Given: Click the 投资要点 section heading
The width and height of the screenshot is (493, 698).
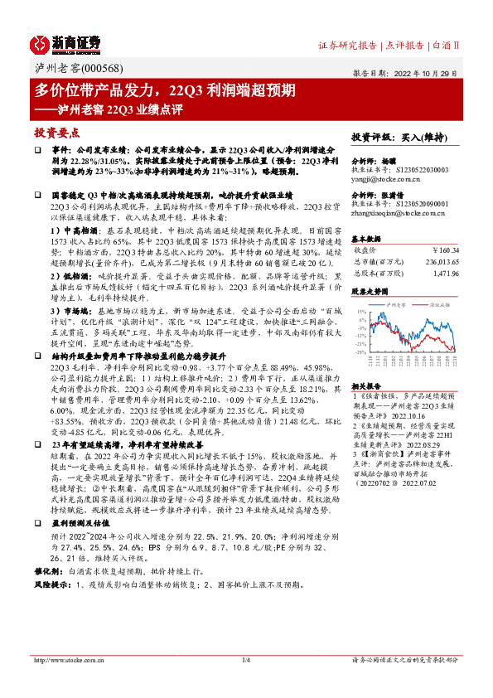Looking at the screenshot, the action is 56,133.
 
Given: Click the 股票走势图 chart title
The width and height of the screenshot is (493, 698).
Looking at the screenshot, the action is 369,292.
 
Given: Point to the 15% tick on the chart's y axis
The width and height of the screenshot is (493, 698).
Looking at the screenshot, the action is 361,311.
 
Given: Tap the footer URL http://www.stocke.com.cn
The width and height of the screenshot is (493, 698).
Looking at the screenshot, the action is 65,684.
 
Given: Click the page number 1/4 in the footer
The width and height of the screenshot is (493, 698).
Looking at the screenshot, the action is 245,684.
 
